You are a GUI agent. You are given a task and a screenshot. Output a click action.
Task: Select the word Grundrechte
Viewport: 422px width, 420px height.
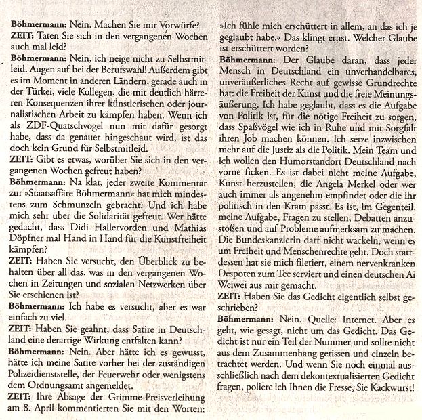(383, 91)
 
